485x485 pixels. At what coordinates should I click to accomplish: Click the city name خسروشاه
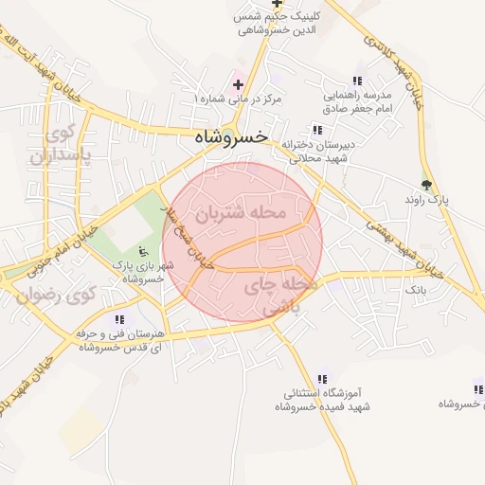[230, 137]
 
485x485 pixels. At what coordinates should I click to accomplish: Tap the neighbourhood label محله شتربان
[241, 213]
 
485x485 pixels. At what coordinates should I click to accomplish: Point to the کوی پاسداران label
[52, 143]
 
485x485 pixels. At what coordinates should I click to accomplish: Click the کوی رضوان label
[56, 296]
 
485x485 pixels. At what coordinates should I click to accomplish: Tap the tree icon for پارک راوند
[425, 184]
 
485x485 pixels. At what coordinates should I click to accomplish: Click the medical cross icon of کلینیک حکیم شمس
[277, 4]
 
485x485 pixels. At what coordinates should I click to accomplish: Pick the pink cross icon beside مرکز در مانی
[238, 84]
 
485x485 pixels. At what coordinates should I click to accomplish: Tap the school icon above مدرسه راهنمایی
[356, 81]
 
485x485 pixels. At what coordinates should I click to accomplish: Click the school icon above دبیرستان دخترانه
[315, 130]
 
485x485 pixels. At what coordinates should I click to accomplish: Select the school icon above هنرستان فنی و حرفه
[119, 319]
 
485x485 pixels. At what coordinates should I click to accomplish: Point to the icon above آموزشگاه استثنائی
[323, 378]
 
